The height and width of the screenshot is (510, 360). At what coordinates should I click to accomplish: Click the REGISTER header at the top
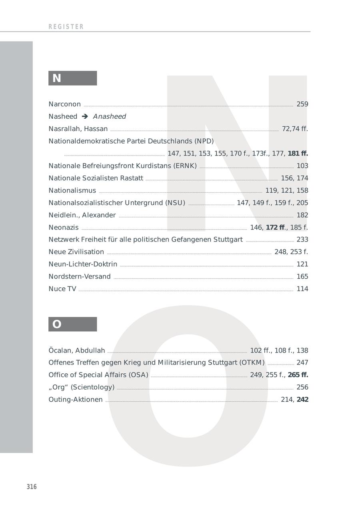click(x=66, y=27)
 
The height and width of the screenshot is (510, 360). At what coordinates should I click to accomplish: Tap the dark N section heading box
click(x=72, y=78)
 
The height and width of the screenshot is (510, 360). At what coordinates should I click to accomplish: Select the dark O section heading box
click(x=72, y=324)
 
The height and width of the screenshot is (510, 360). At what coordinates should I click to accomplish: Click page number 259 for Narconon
click(x=302, y=104)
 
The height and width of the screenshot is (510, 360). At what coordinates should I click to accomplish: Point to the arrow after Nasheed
click(x=85, y=117)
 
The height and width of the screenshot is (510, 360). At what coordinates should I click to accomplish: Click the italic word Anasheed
click(x=109, y=117)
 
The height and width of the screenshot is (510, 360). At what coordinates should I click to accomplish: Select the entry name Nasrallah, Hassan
click(x=78, y=129)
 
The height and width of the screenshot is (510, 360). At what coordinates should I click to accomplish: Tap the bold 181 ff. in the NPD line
click(x=298, y=153)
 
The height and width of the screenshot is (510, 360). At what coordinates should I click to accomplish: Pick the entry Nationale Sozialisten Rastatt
click(x=96, y=178)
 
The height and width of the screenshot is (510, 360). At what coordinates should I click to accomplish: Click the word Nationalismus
click(x=72, y=191)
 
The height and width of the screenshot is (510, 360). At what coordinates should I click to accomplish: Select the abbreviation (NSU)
click(x=175, y=203)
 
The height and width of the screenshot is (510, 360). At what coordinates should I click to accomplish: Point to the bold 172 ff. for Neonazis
click(x=276, y=227)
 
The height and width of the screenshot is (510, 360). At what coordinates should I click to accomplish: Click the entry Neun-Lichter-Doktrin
click(x=83, y=264)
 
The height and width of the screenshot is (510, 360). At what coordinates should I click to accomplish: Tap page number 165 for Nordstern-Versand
click(x=302, y=277)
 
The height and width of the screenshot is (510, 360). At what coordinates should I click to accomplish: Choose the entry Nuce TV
click(x=62, y=289)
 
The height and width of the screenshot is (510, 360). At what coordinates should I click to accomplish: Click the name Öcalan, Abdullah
click(x=76, y=351)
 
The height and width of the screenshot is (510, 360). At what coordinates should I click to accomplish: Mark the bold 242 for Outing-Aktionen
click(x=302, y=400)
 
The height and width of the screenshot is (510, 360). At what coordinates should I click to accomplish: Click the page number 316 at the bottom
click(x=32, y=487)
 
